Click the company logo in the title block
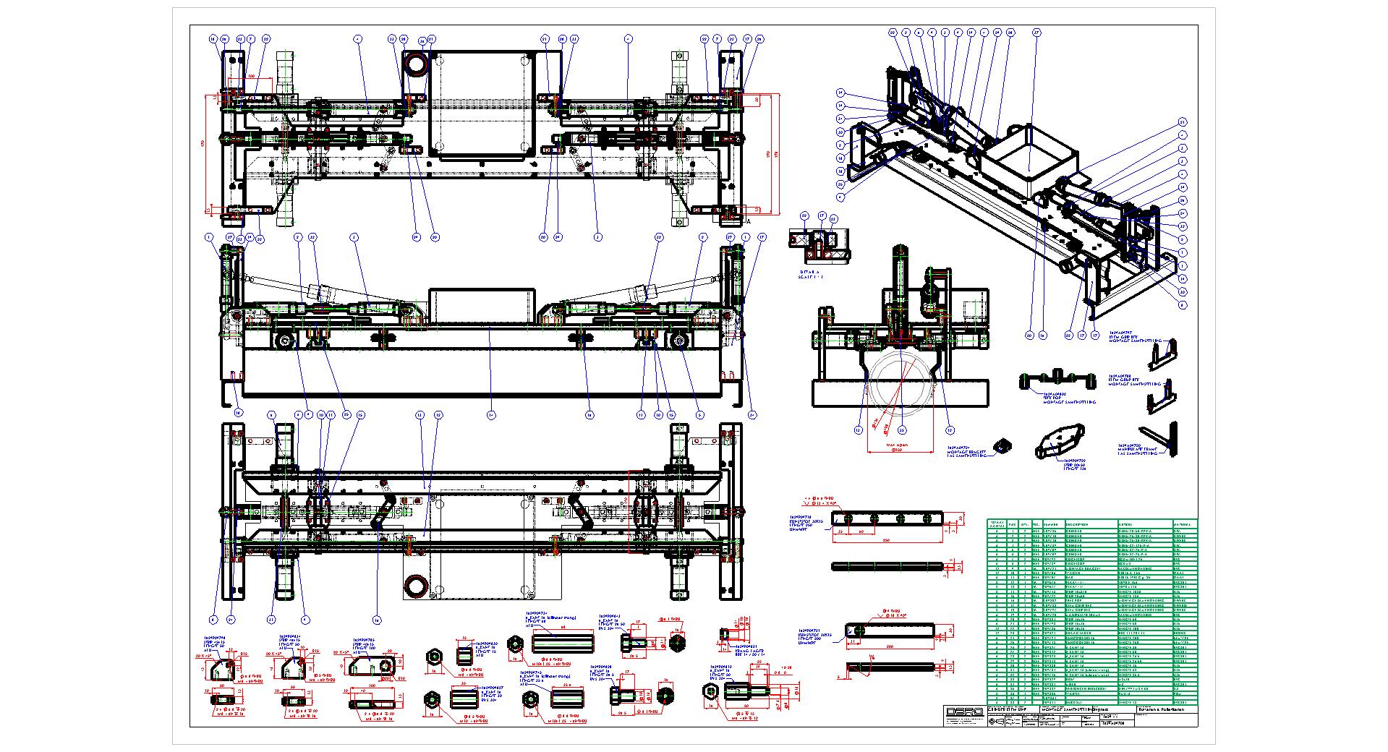click(x=964, y=713)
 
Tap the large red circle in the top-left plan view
click(x=417, y=64)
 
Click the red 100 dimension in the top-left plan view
click(x=252, y=76)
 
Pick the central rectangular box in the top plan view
click(x=480, y=103)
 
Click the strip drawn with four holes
click(x=887, y=518)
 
